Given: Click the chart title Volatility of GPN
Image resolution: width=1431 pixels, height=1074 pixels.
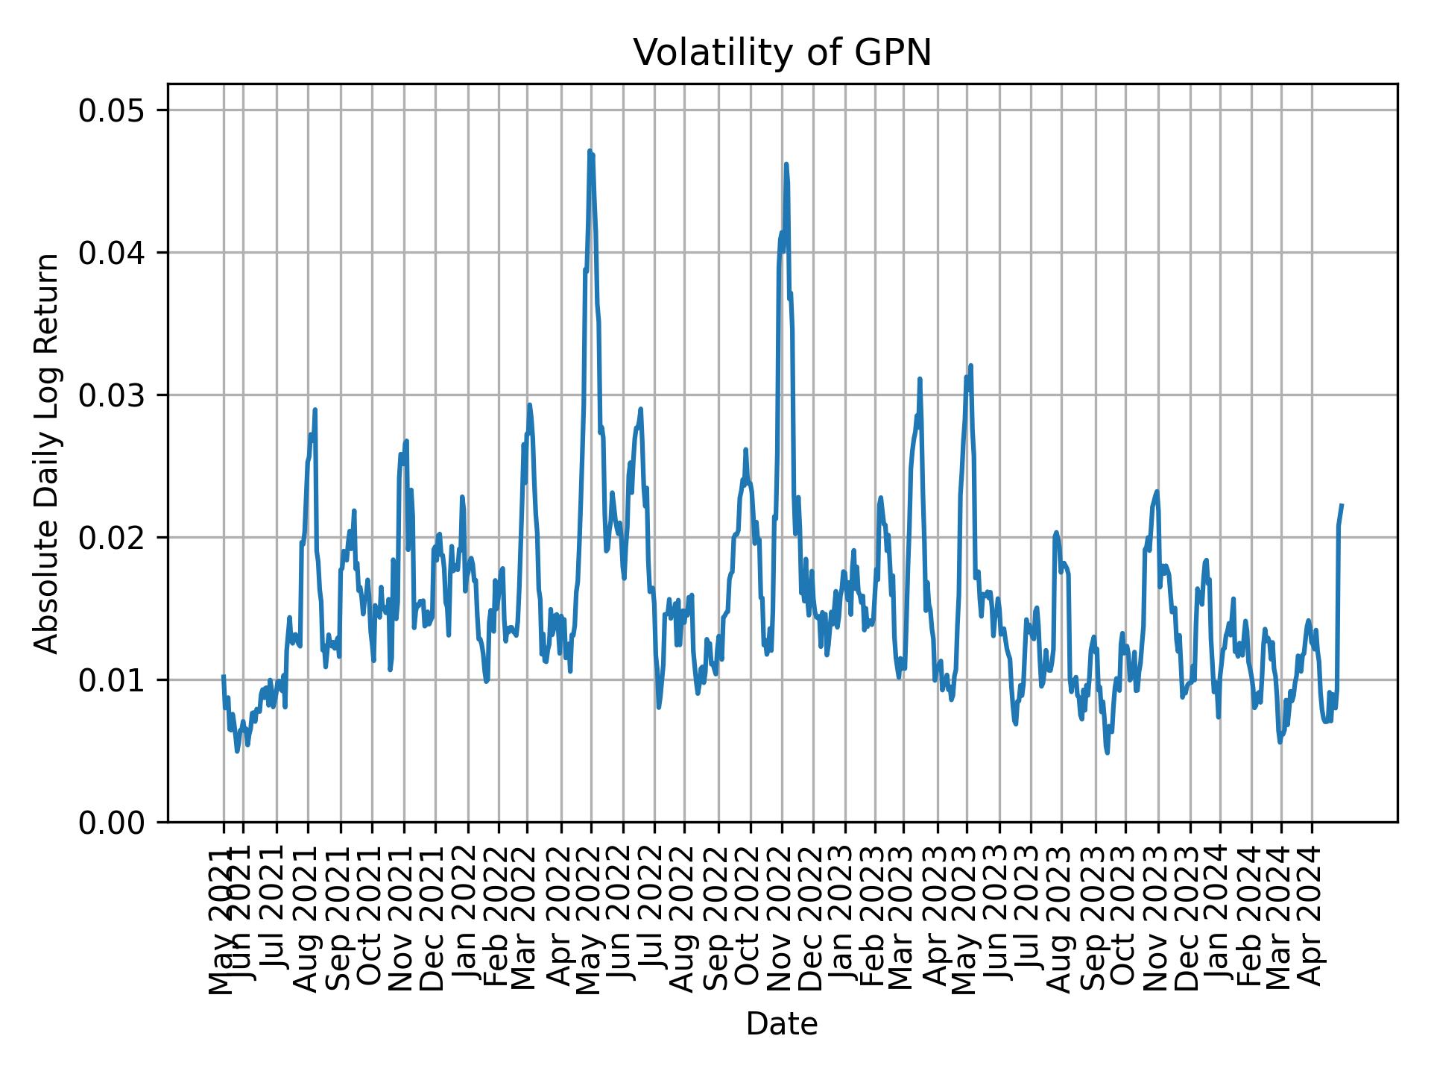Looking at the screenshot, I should click(782, 53).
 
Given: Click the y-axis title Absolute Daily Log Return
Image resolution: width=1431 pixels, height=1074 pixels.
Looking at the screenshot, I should click(48, 453).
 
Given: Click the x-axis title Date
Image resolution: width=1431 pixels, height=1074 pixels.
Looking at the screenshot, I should click(782, 1024).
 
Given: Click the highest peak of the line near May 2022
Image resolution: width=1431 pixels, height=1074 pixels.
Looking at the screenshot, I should click(590, 151).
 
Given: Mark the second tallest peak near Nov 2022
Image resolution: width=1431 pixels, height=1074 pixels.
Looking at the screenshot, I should click(786, 164).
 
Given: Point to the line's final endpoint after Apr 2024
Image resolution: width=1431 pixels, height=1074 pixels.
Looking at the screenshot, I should click(1342, 505).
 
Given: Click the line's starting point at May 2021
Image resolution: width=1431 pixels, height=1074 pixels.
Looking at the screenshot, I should click(223, 676).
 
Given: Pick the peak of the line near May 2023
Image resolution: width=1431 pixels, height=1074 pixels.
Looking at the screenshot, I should click(970, 365).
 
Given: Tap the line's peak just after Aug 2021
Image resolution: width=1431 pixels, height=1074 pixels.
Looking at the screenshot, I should click(315, 409).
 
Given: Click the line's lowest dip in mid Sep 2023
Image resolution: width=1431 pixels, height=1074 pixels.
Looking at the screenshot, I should click(1107, 753).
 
